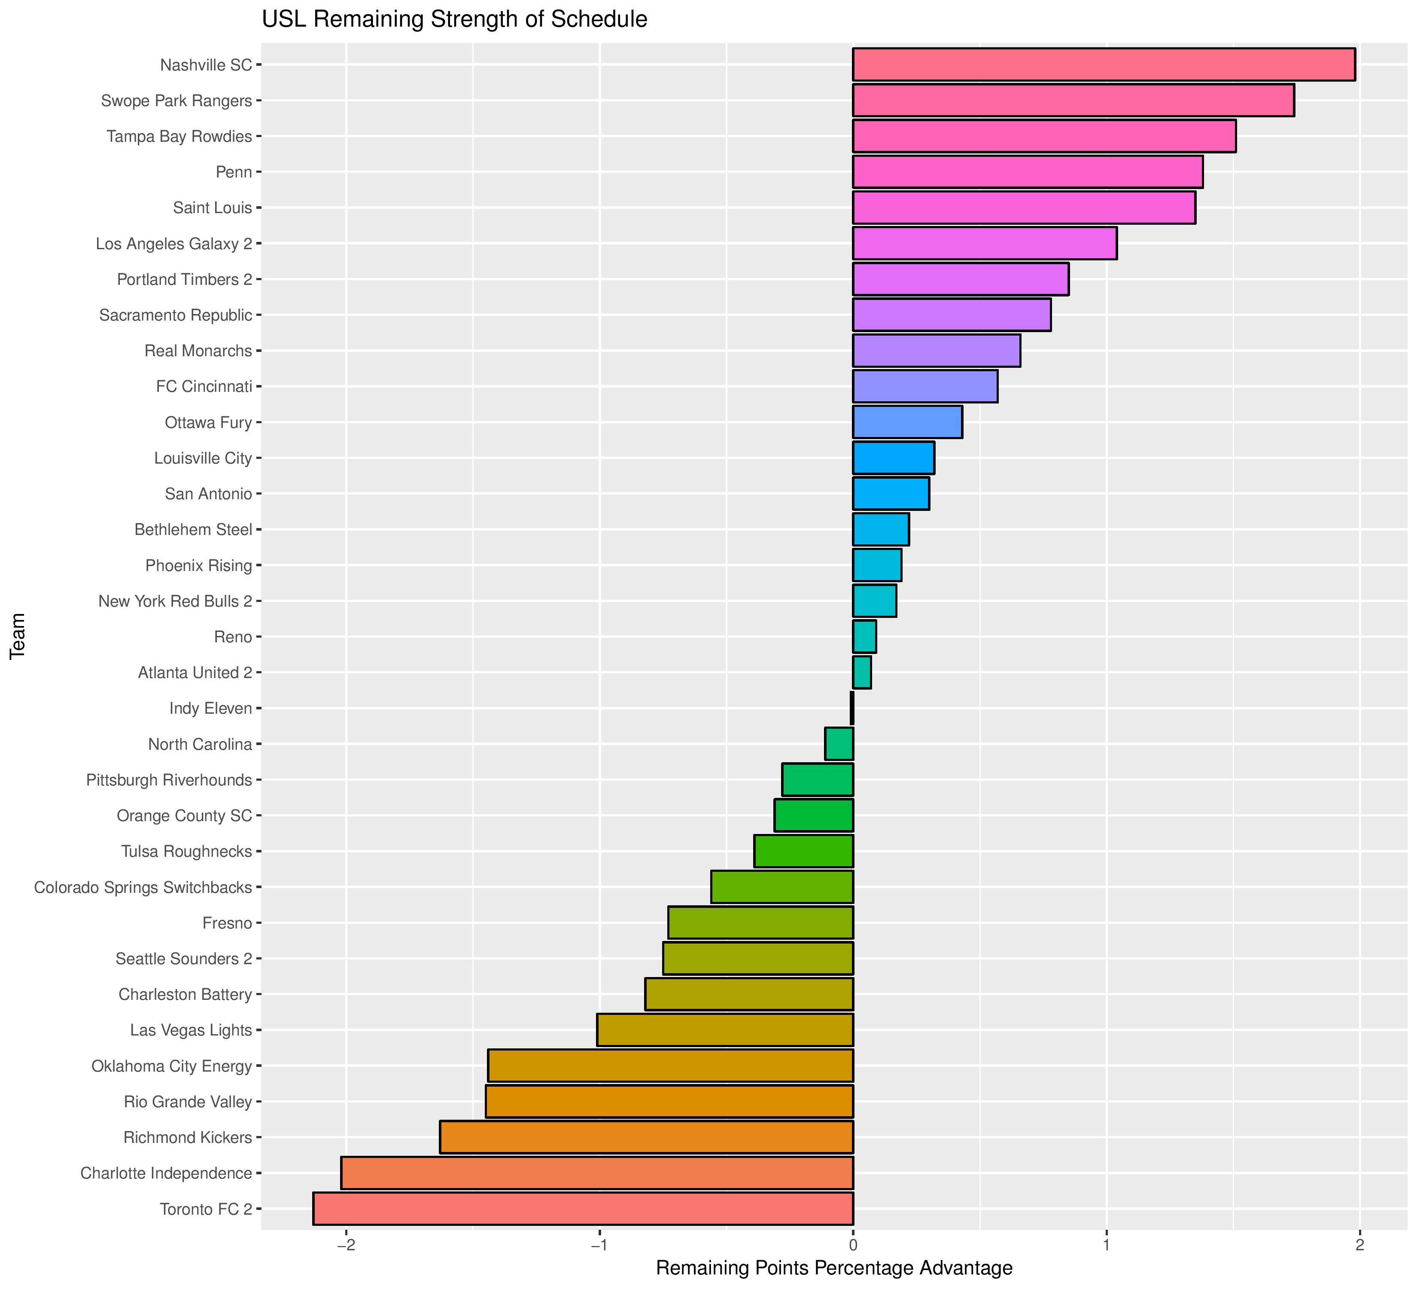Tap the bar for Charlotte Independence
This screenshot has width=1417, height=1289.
coord(597,1173)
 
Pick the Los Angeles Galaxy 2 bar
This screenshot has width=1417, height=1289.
coord(984,243)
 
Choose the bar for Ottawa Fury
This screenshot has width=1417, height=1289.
coord(907,422)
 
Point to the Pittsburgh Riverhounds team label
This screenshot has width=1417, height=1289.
coord(169,780)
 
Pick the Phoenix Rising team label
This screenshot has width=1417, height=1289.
coord(198,565)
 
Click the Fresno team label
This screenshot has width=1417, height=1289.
coord(227,922)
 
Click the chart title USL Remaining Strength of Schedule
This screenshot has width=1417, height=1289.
coord(454,19)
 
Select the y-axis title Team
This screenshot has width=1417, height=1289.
coord(18,636)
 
